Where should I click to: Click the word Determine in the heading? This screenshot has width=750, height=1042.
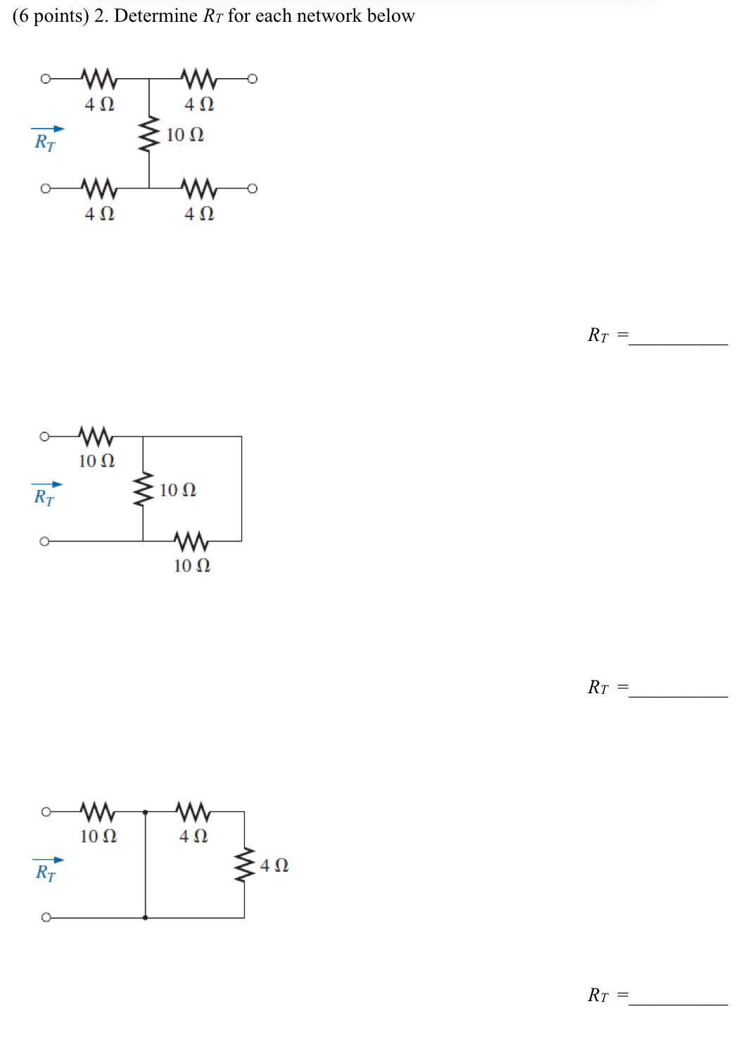coord(155,15)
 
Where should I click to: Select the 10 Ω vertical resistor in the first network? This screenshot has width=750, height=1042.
coord(148,134)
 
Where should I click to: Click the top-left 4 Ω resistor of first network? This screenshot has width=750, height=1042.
coord(98,78)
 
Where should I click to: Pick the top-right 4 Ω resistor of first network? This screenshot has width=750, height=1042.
coord(198,78)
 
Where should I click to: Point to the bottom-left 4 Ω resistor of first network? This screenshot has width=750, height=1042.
coord(98,188)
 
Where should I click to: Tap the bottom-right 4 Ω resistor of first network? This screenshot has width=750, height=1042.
coord(198,188)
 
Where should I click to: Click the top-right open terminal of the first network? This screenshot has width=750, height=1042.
coord(253,78)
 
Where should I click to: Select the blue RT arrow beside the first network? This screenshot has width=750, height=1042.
coord(47,129)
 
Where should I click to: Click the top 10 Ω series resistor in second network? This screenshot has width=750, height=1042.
coord(96,436)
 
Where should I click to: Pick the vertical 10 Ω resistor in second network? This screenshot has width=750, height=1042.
coord(143,489)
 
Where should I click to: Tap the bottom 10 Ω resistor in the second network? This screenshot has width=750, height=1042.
coord(191,541)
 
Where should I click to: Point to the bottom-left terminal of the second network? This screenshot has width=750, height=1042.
coord(44,541)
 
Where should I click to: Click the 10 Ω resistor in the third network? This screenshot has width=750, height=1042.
coord(98,811)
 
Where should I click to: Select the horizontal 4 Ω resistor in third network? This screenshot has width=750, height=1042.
coord(193,811)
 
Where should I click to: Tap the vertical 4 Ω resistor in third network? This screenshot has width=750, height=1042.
coord(244,865)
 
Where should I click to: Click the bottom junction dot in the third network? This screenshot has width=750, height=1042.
coord(145,918)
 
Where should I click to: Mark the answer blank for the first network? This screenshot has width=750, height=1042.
coord(678,337)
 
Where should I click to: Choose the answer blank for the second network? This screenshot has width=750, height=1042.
coord(678,690)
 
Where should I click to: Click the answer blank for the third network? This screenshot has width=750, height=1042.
coord(678,998)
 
